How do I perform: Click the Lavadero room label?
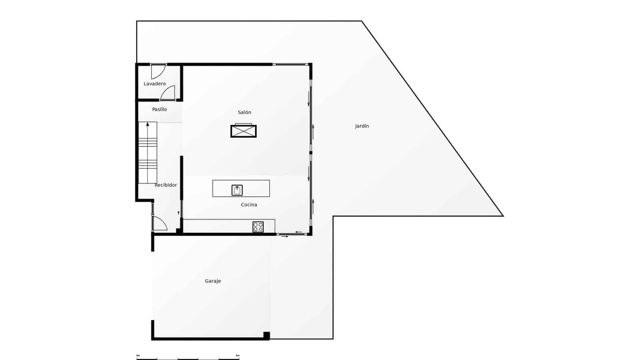pyautogui.click(x=154, y=84)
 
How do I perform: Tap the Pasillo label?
pyautogui.click(x=159, y=109)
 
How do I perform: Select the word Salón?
pyautogui.click(x=244, y=112)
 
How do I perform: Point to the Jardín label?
pyautogui.click(x=362, y=126)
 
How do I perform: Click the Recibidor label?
pyautogui.click(x=166, y=185)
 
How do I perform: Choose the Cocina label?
pyautogui.click(x=249, y=205)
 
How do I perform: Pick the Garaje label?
pyautogui.click(x=213, y=281)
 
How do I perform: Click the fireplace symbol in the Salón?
pyautogui.click(x=243, y=131)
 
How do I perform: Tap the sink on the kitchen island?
pyautogui.click(x=237, y=190)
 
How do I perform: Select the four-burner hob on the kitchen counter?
pyautogui.click(x=258, y=227)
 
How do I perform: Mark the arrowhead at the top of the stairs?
pyautogui.click(x=148, y=124)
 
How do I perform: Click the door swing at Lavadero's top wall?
pyautogui.click(x=158, y=71)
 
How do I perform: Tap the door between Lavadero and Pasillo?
pyautogui.click(x=168, y=93)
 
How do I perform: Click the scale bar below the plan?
pyautogui.click(x=188, y=358)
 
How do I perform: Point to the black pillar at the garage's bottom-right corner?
pyautogui.click(x=266, y=336)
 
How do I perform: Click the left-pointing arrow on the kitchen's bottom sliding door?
pyautogui.click(x=299, y=232)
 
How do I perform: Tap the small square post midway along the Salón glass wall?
pyautogui.click(x=311, y=153)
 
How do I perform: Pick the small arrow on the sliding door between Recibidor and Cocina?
pyautogui.click(x=178, y=213)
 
